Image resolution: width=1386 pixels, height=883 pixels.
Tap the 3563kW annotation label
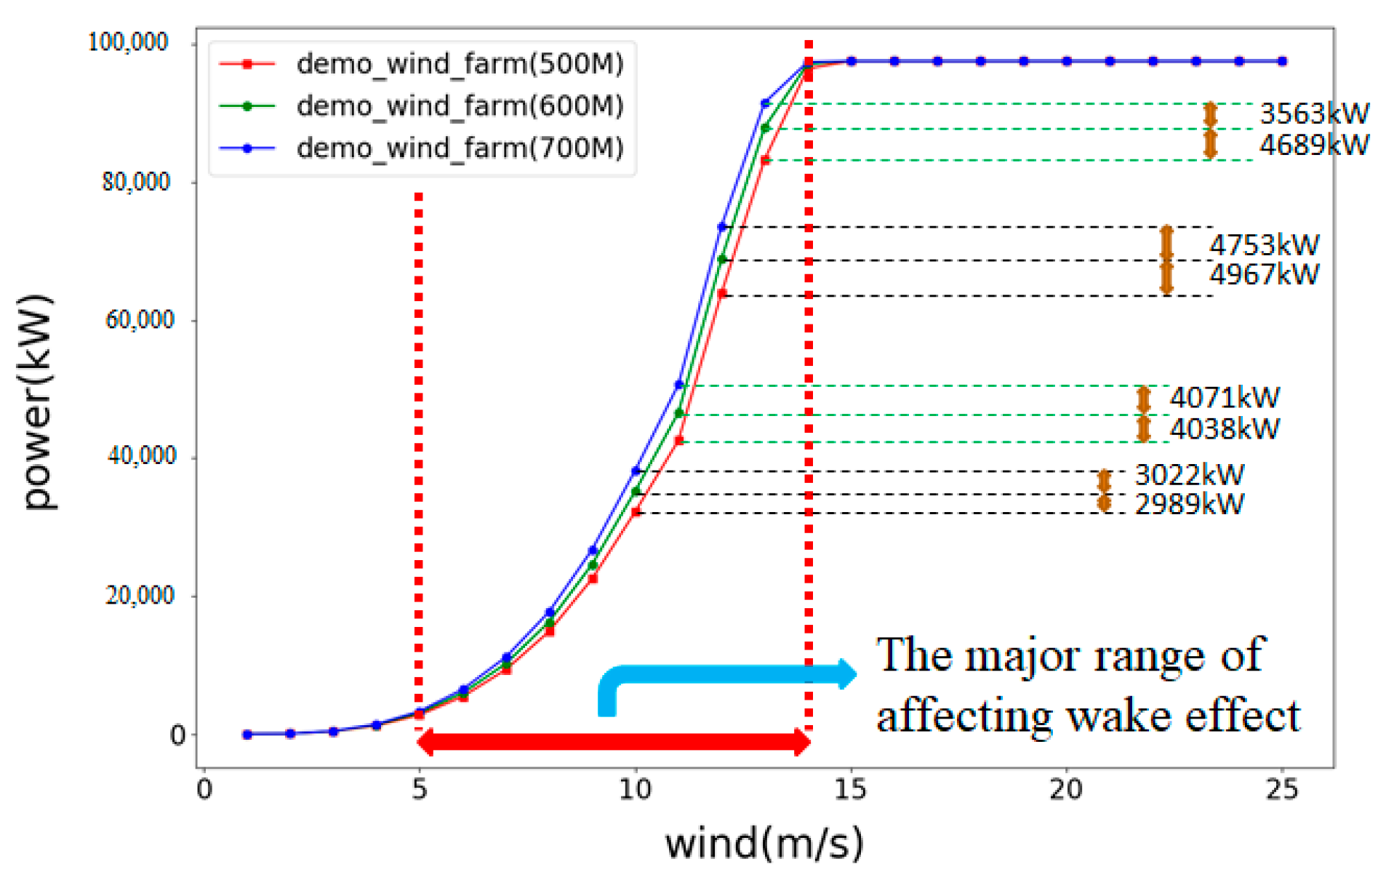point(1313,113)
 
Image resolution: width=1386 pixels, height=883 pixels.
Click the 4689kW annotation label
point(1313,145)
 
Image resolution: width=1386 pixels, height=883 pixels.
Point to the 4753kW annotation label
point(1264,244)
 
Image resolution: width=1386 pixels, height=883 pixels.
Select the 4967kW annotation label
point(1264,275)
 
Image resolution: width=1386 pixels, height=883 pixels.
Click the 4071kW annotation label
point(1225,398)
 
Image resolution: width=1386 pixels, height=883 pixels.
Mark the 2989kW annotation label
point(1189,504)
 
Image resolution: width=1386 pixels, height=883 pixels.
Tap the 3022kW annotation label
point(1189,475)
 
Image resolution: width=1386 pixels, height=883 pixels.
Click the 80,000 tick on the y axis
point(136,181)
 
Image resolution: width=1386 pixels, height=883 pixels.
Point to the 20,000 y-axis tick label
point(140,595)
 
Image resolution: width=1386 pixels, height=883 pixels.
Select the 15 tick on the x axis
point(850,789)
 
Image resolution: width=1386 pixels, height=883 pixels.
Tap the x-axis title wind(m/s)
point(764,844)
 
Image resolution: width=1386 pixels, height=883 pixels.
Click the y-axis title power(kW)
point(38,402)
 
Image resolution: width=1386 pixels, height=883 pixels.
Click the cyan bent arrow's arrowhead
point(846,674)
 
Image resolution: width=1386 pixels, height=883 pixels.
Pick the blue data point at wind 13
point(765,104)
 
